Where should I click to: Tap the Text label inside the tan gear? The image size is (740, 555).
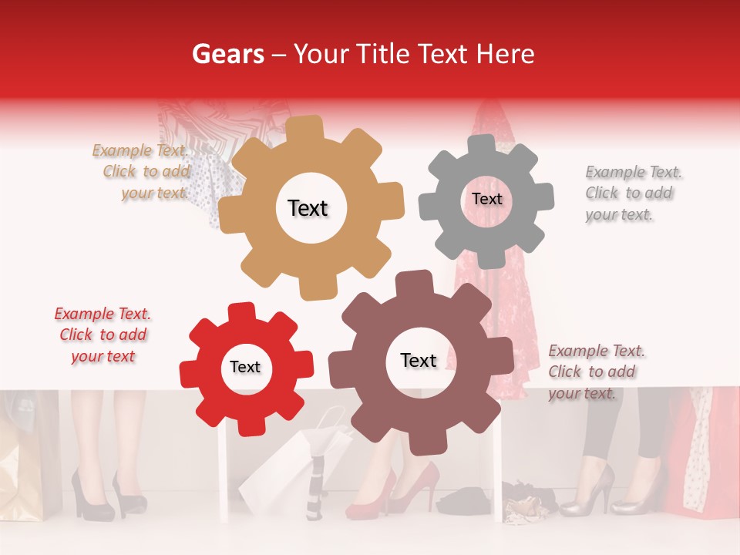click(308, 208)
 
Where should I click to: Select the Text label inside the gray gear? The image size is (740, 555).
click(486, 199)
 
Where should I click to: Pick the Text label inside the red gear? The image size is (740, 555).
click(245, 368)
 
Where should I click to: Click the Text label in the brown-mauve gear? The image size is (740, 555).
click(419, 361)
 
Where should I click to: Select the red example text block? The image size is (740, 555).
click(103, 335)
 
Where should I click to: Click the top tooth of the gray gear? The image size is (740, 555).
click(483, 145)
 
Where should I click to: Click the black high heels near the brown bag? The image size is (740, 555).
click(108, 493)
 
